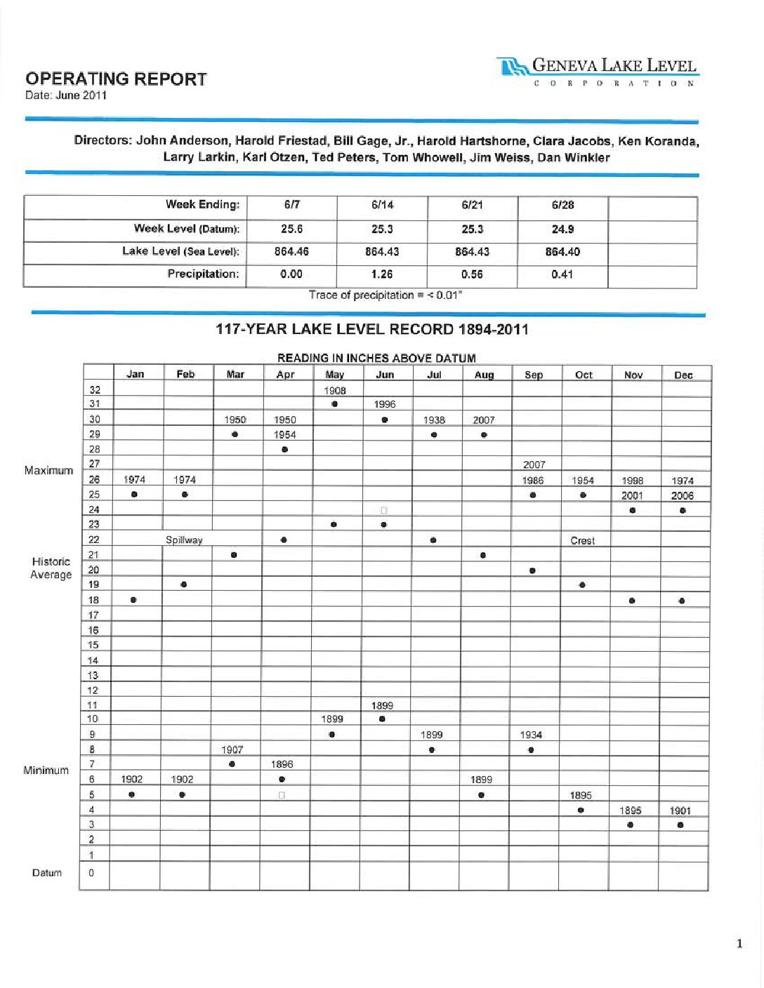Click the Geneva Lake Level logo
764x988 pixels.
pos(598,71)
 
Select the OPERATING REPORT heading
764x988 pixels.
pos(116,79)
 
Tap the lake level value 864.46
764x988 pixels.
pos(291,252)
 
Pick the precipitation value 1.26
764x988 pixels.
pos(382,274)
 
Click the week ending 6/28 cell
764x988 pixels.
pos(562,206)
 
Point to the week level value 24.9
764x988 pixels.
pos(562,229)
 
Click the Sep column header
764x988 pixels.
pos(534,375)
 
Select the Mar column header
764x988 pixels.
pos(235,375)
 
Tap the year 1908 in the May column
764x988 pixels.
pos(335,390)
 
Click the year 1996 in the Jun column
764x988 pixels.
pos(385,404)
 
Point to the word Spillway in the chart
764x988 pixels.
pos(184,540)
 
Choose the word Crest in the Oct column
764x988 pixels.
pos(583,541)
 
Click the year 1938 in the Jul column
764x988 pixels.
pos(434,420)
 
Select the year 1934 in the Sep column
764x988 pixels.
pos(531,735)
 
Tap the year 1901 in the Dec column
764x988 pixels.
pos(680,810)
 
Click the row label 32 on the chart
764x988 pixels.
pos(95,390)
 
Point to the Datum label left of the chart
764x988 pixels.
pos(47,873)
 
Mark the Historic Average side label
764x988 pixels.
pos(51,568)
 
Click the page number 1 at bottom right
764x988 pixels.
pos(739,944)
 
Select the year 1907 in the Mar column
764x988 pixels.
pos(232,749)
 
